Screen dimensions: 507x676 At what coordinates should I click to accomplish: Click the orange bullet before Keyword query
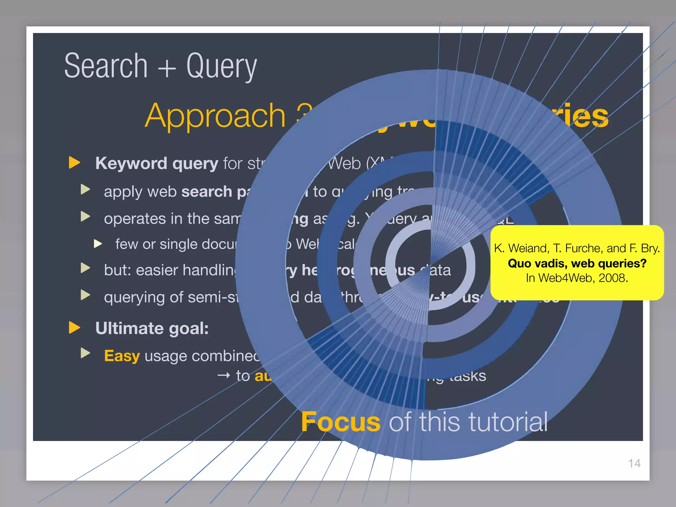tap(75, 162)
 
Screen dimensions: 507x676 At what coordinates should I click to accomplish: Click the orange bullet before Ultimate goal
tap(75, 327)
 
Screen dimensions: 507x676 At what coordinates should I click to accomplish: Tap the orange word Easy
tap(122, 356)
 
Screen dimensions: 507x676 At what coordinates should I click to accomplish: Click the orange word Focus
tap(341, 422)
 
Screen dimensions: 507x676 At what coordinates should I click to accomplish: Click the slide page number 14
tap(634, 463)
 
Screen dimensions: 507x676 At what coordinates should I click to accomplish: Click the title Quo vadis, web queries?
tap(577, 263)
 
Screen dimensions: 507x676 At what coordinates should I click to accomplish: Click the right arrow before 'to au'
tap(224, 375)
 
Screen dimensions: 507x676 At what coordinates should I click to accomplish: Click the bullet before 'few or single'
tap(98, 244)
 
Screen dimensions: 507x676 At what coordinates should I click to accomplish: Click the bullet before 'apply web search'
tap(85, 189)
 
